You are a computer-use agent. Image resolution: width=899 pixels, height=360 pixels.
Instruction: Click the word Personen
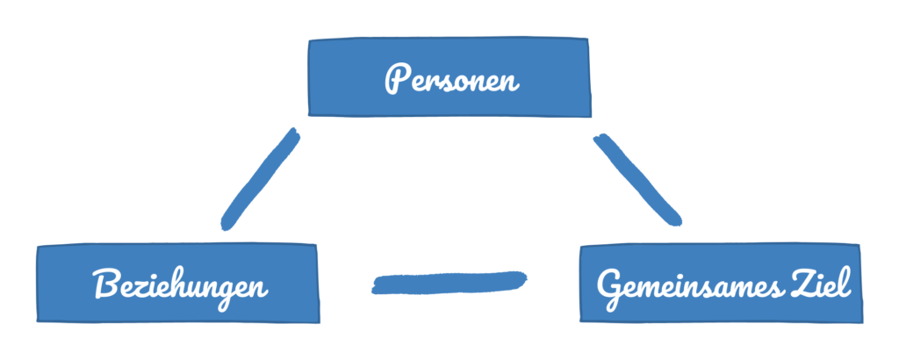452,80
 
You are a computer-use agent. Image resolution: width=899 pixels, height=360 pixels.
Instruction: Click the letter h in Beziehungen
176,284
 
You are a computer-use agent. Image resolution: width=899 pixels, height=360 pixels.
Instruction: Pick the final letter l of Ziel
846,284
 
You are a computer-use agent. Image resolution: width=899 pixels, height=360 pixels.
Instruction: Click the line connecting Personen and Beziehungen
260,179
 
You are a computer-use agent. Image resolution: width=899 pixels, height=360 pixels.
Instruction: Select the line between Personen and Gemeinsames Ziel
637,179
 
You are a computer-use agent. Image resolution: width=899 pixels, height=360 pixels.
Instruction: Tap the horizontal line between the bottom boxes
449,284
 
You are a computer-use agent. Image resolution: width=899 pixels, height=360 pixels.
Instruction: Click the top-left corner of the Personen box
309,40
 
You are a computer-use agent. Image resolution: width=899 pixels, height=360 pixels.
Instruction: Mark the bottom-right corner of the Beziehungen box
319,322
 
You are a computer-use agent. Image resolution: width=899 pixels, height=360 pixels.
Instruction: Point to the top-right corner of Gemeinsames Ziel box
859,245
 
